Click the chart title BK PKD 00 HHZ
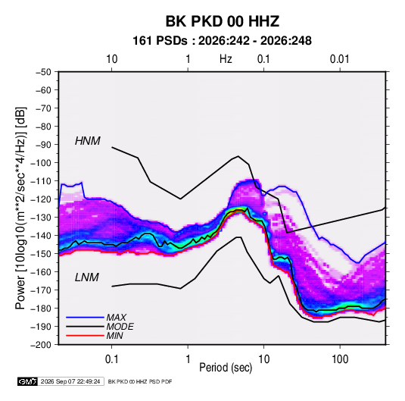[222, 21]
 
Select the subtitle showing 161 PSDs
[222, 41]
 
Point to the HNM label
[88, 141]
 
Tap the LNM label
[87, 277]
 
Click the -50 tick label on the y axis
[43, 72]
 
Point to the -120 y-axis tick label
[41, 199]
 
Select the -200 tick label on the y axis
[41, 345]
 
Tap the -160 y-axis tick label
[41, 272]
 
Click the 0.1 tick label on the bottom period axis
[111, 359]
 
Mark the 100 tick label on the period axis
[340, 359]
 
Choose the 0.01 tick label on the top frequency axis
[340, 59]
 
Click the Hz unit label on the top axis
[226, 59]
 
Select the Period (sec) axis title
[226, 368]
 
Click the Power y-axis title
[20, 208]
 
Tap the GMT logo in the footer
[27, 381]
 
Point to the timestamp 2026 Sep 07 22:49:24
[70, 381]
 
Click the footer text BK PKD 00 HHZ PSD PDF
[140, 381]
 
